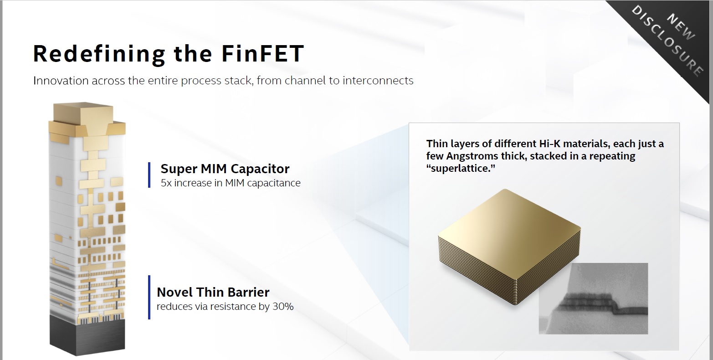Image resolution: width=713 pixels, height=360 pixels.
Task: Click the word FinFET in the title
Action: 262,53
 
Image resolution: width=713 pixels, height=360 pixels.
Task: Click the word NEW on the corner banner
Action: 681,27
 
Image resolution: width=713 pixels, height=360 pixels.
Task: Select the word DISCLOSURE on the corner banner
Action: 667,41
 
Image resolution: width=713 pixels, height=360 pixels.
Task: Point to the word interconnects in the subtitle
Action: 378,81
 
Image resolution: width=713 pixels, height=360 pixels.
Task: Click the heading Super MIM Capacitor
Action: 225,169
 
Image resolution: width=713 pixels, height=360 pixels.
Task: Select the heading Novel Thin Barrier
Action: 213,292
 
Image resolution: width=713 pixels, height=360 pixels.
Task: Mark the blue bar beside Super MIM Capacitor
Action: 149,175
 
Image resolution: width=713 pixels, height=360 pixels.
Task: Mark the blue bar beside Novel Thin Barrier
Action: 149,297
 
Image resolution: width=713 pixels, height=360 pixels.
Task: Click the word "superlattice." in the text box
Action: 461,168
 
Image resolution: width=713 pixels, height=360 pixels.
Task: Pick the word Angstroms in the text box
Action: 471,156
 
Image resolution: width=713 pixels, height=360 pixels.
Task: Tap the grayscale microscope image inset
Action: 593,298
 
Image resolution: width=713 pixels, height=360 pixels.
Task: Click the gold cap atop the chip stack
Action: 87,121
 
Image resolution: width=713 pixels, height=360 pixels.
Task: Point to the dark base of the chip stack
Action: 87,336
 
